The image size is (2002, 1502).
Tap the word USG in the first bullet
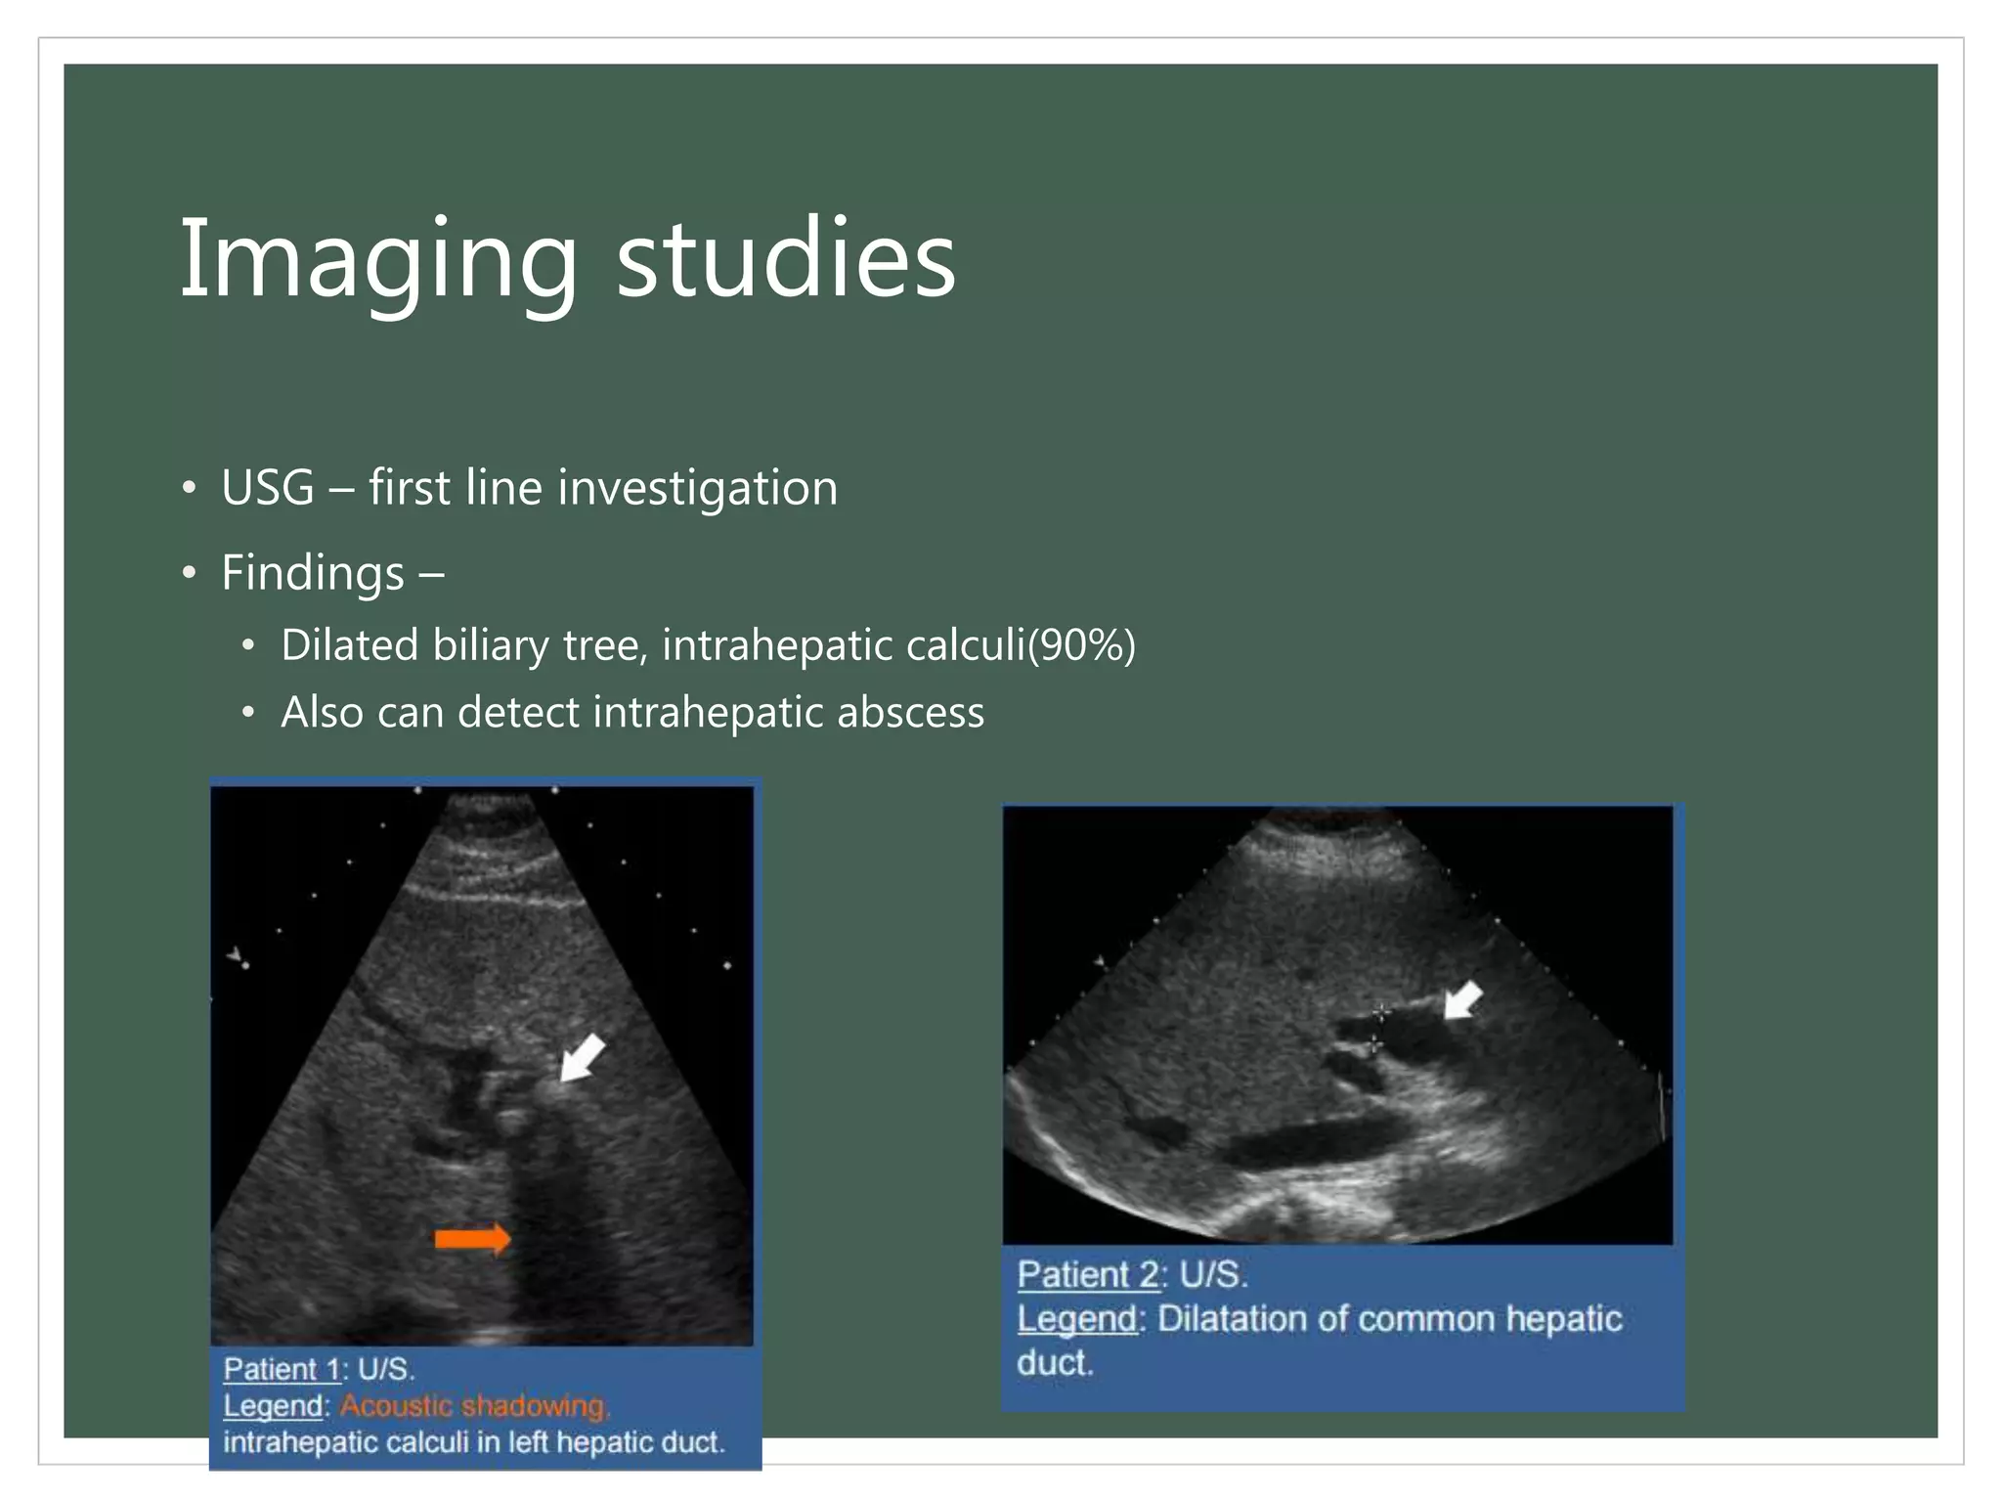[268, 487]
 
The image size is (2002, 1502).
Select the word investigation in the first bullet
[697, 488]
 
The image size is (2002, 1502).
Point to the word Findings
[313, 572]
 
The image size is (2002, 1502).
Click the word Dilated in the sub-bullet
[349, 645]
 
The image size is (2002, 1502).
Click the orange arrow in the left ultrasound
[472, 1239]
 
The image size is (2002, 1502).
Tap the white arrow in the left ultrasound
[584, 1058]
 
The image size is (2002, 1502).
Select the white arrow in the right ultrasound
[1463, 1001]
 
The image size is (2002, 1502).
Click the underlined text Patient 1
[282, 1369]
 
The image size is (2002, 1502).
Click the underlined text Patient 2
[1087, 1275]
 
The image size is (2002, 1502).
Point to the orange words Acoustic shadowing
[474, 1406]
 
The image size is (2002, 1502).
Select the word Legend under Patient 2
[1076, 1319]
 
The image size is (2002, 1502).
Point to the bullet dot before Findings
[189, 573]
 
